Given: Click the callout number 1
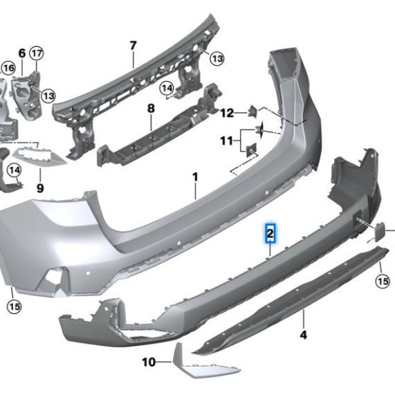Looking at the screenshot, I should [x=195, y=177].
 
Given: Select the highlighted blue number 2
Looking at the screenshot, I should [x=270, y=234].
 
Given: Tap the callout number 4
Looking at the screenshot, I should [x=303, y=336].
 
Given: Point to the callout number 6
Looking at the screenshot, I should [x=21, y=53].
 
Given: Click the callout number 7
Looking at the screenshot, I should [x=134, y=46].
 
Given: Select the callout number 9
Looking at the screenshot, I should [x=40, y=187].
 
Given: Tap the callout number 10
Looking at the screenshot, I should [x=149, y=361].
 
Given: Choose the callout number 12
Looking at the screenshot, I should [x=228, y=112].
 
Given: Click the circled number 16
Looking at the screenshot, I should [x=8, y=67].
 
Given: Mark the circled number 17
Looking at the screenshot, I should [x=36, y=53].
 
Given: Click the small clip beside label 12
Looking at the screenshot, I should [x=253, y=110].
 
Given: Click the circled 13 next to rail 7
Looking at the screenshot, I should [x=217, y=59].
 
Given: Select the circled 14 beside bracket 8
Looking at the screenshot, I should [x=167, y=89].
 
